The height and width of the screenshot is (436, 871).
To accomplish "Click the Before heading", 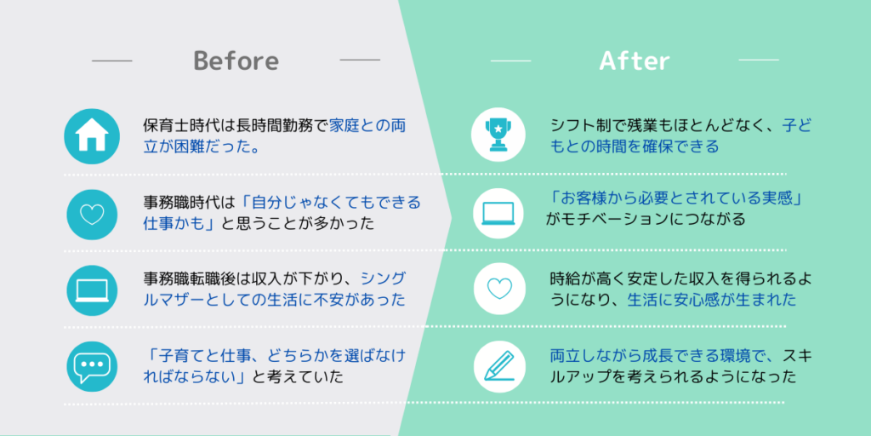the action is [236, 60].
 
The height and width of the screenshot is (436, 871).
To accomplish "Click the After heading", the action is [635, 60].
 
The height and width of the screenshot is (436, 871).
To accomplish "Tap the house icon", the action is [92, 136].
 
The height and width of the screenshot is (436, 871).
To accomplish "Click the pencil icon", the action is [498, 365].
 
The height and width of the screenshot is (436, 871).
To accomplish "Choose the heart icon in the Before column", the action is [92, 215].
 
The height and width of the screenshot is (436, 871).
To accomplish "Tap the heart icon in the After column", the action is [498, 288].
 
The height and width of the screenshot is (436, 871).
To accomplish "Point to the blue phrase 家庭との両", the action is [367, 126].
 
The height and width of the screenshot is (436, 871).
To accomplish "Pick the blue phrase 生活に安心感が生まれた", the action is [712, 301].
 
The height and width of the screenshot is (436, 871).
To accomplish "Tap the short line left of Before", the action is [111, 60].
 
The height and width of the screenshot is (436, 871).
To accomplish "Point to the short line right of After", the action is [759, 60].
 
